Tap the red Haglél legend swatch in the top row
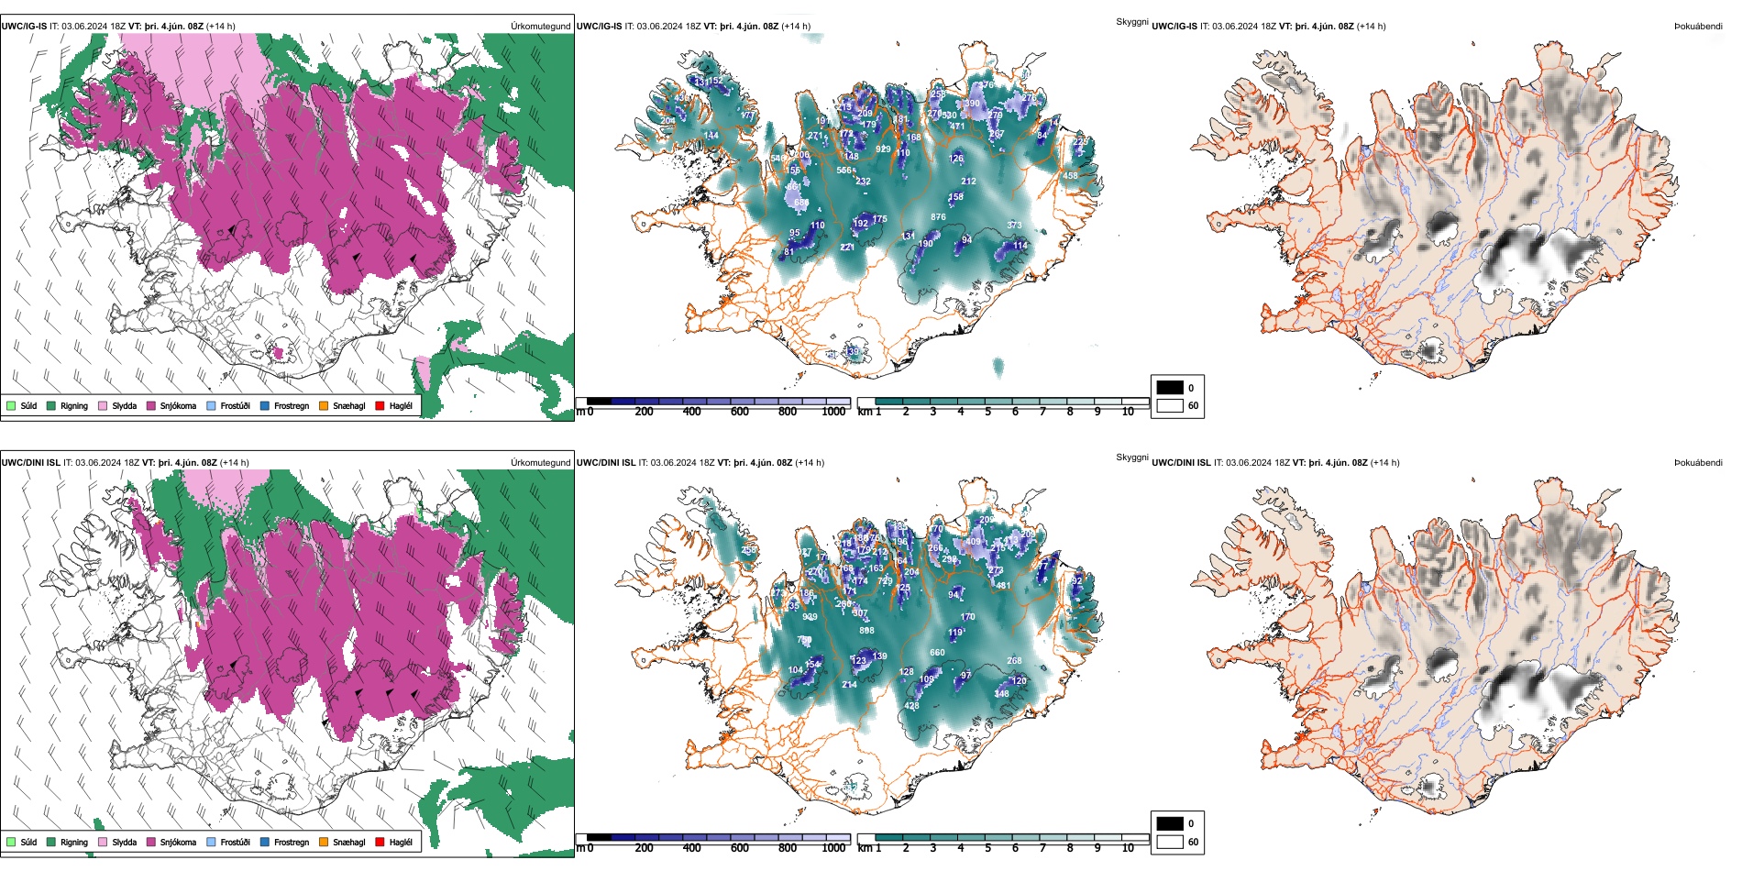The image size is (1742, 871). (380, 406)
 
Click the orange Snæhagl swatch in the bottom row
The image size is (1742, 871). (324, 843)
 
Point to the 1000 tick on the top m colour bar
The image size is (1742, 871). (833, 412)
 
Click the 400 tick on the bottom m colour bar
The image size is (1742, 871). (692, 848)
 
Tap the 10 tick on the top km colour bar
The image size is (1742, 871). (1128, 412)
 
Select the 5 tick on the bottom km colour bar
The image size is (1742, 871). (988, 848)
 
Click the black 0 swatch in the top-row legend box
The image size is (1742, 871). (1170, 388)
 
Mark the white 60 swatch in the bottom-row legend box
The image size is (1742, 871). (1170, 842)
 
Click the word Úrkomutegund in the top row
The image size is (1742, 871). (541, 27)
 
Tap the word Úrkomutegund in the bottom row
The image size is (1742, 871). (541, 463)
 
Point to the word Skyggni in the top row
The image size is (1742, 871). (1132, 21)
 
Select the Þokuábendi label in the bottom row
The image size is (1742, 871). (1698, 463)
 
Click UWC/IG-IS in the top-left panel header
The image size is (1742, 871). (24, 27)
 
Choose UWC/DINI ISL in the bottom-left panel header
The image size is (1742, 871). (30, 463)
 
